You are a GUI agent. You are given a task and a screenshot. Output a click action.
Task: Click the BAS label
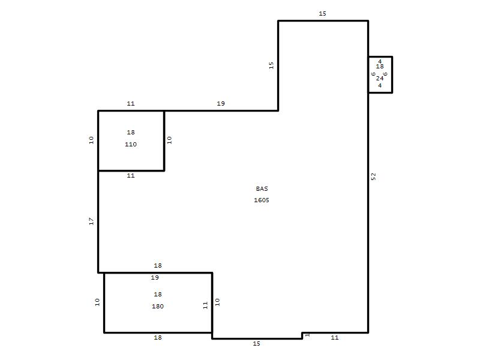[262, 188]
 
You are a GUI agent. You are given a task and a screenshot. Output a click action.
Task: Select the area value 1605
[262, 200]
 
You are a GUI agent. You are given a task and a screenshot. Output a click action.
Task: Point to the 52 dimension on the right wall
[373, 176]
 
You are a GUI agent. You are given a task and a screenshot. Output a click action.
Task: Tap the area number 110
[131, 144]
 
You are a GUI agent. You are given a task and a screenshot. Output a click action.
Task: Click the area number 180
[158, 306]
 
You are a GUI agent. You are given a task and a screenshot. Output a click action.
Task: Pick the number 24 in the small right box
[380, 79]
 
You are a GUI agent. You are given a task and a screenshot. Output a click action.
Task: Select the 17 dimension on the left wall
[91, 221]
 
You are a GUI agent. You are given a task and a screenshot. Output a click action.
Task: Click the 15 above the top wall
[322, 13]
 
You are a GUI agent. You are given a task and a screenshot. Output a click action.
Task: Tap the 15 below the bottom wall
[257, 343]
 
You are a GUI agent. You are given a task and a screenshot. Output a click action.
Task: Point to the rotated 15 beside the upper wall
[271, 65]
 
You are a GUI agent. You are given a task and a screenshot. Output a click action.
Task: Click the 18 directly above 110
[131, 132]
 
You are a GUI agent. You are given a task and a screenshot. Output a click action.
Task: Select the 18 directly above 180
[158, 294]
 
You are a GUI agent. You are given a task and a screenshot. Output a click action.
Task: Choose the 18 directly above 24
[380, 66]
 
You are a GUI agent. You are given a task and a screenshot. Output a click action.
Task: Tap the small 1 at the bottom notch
[307, 335]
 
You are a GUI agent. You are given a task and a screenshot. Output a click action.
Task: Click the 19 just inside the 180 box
[155, 277]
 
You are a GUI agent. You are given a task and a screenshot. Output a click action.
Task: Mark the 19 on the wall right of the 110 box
[221, 103]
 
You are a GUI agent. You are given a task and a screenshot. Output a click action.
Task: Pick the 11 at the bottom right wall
[335, 337]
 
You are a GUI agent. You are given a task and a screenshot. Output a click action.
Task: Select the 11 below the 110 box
[131, 175]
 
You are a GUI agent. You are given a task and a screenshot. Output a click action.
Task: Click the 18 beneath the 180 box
[158, 337]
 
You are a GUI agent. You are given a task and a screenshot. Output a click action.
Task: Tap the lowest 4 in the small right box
[380, 86]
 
